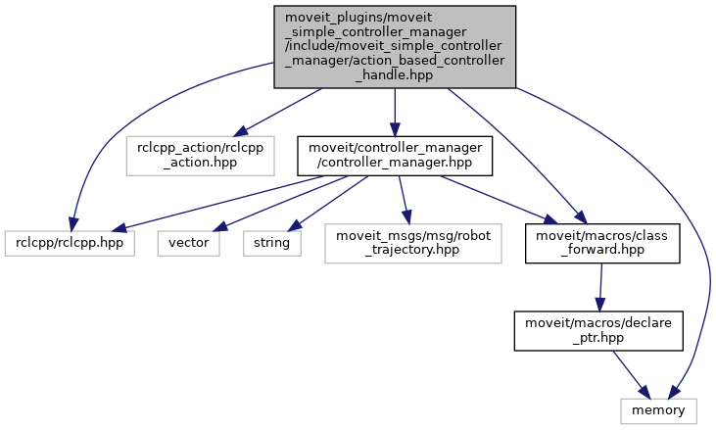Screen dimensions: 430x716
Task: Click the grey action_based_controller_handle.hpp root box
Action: click(x=393, y=45)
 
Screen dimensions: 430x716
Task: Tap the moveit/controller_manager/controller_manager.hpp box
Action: click(x=395, y=155)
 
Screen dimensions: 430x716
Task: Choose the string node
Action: click(x=272, y=241)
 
